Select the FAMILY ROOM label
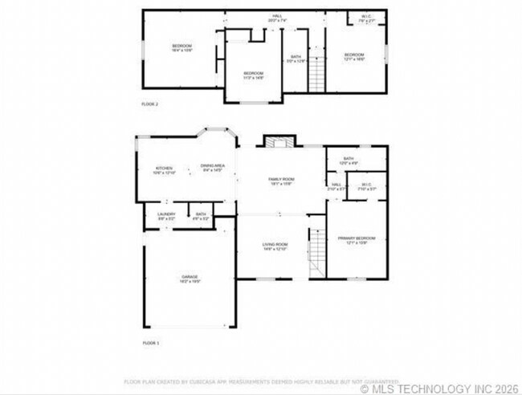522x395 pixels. pos(281,181)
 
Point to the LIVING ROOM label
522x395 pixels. pos(275,246)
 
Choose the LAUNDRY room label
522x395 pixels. pos(166,216)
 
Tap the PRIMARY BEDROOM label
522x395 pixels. pos(356,240)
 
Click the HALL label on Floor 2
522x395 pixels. pos(277,18)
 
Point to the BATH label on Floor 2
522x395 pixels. pos(296,59)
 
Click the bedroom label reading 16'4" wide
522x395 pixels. pos(181,48)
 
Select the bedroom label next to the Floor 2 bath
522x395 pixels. pos(254,75)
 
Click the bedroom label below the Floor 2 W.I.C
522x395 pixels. pos(353,57)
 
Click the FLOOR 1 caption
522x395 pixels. pos(151,343)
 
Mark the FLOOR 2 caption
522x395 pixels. pos(150,104)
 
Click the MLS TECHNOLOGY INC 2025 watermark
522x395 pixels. pos(438,388)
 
